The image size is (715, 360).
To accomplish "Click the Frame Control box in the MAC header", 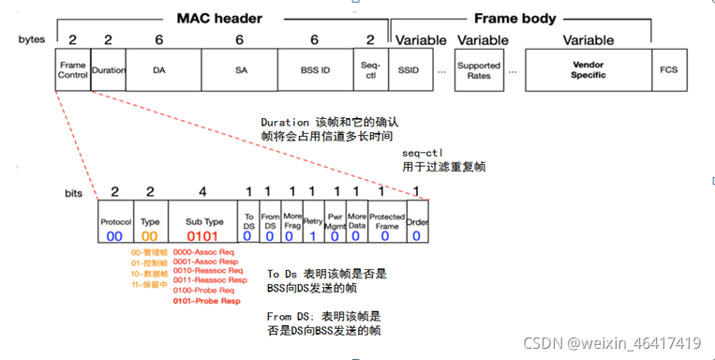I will pos(72,70).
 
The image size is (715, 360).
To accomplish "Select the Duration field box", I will pos(108,70).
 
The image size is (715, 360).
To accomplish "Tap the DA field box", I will pos(158,70).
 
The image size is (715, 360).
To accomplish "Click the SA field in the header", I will pos(240,70).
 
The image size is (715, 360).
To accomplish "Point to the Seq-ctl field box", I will pos(371,70).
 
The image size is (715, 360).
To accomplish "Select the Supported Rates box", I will pos(478,70).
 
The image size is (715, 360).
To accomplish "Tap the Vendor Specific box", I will pos(588,70).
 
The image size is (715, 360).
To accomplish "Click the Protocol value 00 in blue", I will pos(114,237).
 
